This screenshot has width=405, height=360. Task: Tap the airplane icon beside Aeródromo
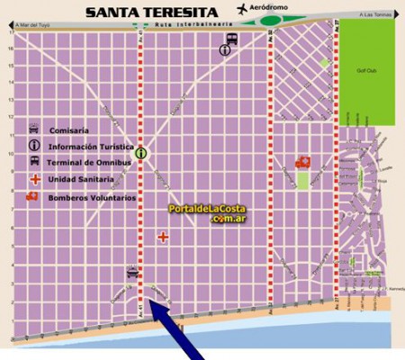[x=242, y=8]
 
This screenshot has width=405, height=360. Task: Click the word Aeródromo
[x=274, y=9]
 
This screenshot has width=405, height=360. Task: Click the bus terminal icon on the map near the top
[x=231, y=39]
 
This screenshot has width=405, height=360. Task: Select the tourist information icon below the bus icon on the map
[x=224, y=51]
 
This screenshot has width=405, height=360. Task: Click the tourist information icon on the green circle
[x=140, y=154]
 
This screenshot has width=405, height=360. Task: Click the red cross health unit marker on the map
[x=163, y=238]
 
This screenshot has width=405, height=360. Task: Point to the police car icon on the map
[x=132, y=272]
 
